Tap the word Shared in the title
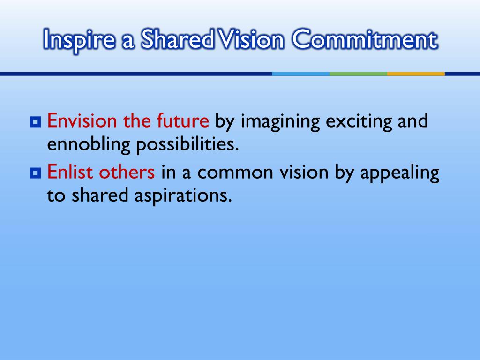(x=180, y=41)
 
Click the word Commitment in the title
(x=365, y=41)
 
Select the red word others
(x=127, y=172)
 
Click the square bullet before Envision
(x=35, y=122)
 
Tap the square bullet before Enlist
(x=35, y=174)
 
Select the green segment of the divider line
(x=358, y=74)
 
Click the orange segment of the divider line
(x=416, y=74)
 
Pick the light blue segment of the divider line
(x=300, y=74)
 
